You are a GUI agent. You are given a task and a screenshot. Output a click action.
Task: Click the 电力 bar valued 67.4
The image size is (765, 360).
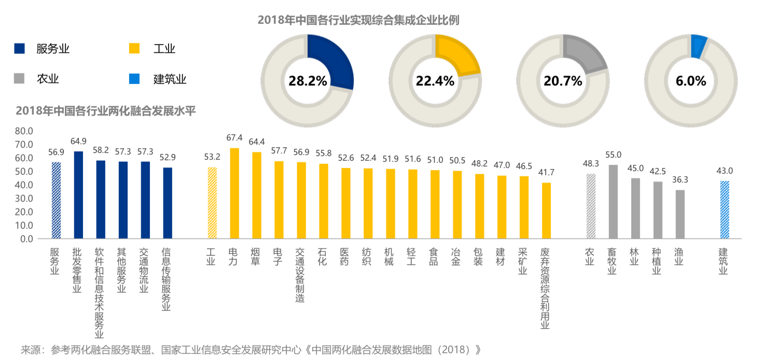click(x=234, y=193)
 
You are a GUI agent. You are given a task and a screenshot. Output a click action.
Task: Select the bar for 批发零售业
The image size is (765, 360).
click(x=78, y=195)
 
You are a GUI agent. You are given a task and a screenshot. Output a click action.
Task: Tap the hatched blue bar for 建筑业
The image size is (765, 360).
click(x=725, y=210)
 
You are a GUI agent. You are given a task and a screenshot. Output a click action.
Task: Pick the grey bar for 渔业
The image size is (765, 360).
click(x=680, y=214)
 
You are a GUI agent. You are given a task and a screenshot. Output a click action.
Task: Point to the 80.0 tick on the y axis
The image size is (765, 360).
click(x=24, y=131)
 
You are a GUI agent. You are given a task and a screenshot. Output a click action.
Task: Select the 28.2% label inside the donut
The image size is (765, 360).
click(x=308, y=81)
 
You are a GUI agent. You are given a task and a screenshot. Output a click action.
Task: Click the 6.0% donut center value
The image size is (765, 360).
click(x=691, y=81)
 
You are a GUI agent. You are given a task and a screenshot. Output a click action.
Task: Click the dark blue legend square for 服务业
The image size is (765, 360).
click(x=19, y=49)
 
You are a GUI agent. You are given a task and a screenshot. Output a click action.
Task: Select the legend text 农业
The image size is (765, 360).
click(x=48, y=79)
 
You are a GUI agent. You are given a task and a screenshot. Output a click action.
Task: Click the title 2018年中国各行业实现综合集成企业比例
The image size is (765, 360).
click(x=358, y=20)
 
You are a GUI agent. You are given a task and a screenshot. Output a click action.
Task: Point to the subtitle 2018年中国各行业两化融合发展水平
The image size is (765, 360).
click(x=106, y=110)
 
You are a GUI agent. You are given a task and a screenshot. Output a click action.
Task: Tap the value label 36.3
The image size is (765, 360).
click(x=680, y=180)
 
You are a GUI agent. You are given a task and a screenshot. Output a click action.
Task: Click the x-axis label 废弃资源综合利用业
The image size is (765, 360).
click(x=545, y=288)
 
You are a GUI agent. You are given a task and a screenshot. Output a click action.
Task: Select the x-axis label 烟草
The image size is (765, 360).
click(x=256, y=256)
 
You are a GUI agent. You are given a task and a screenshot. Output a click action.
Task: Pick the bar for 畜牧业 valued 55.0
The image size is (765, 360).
click(x=613, y=202)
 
